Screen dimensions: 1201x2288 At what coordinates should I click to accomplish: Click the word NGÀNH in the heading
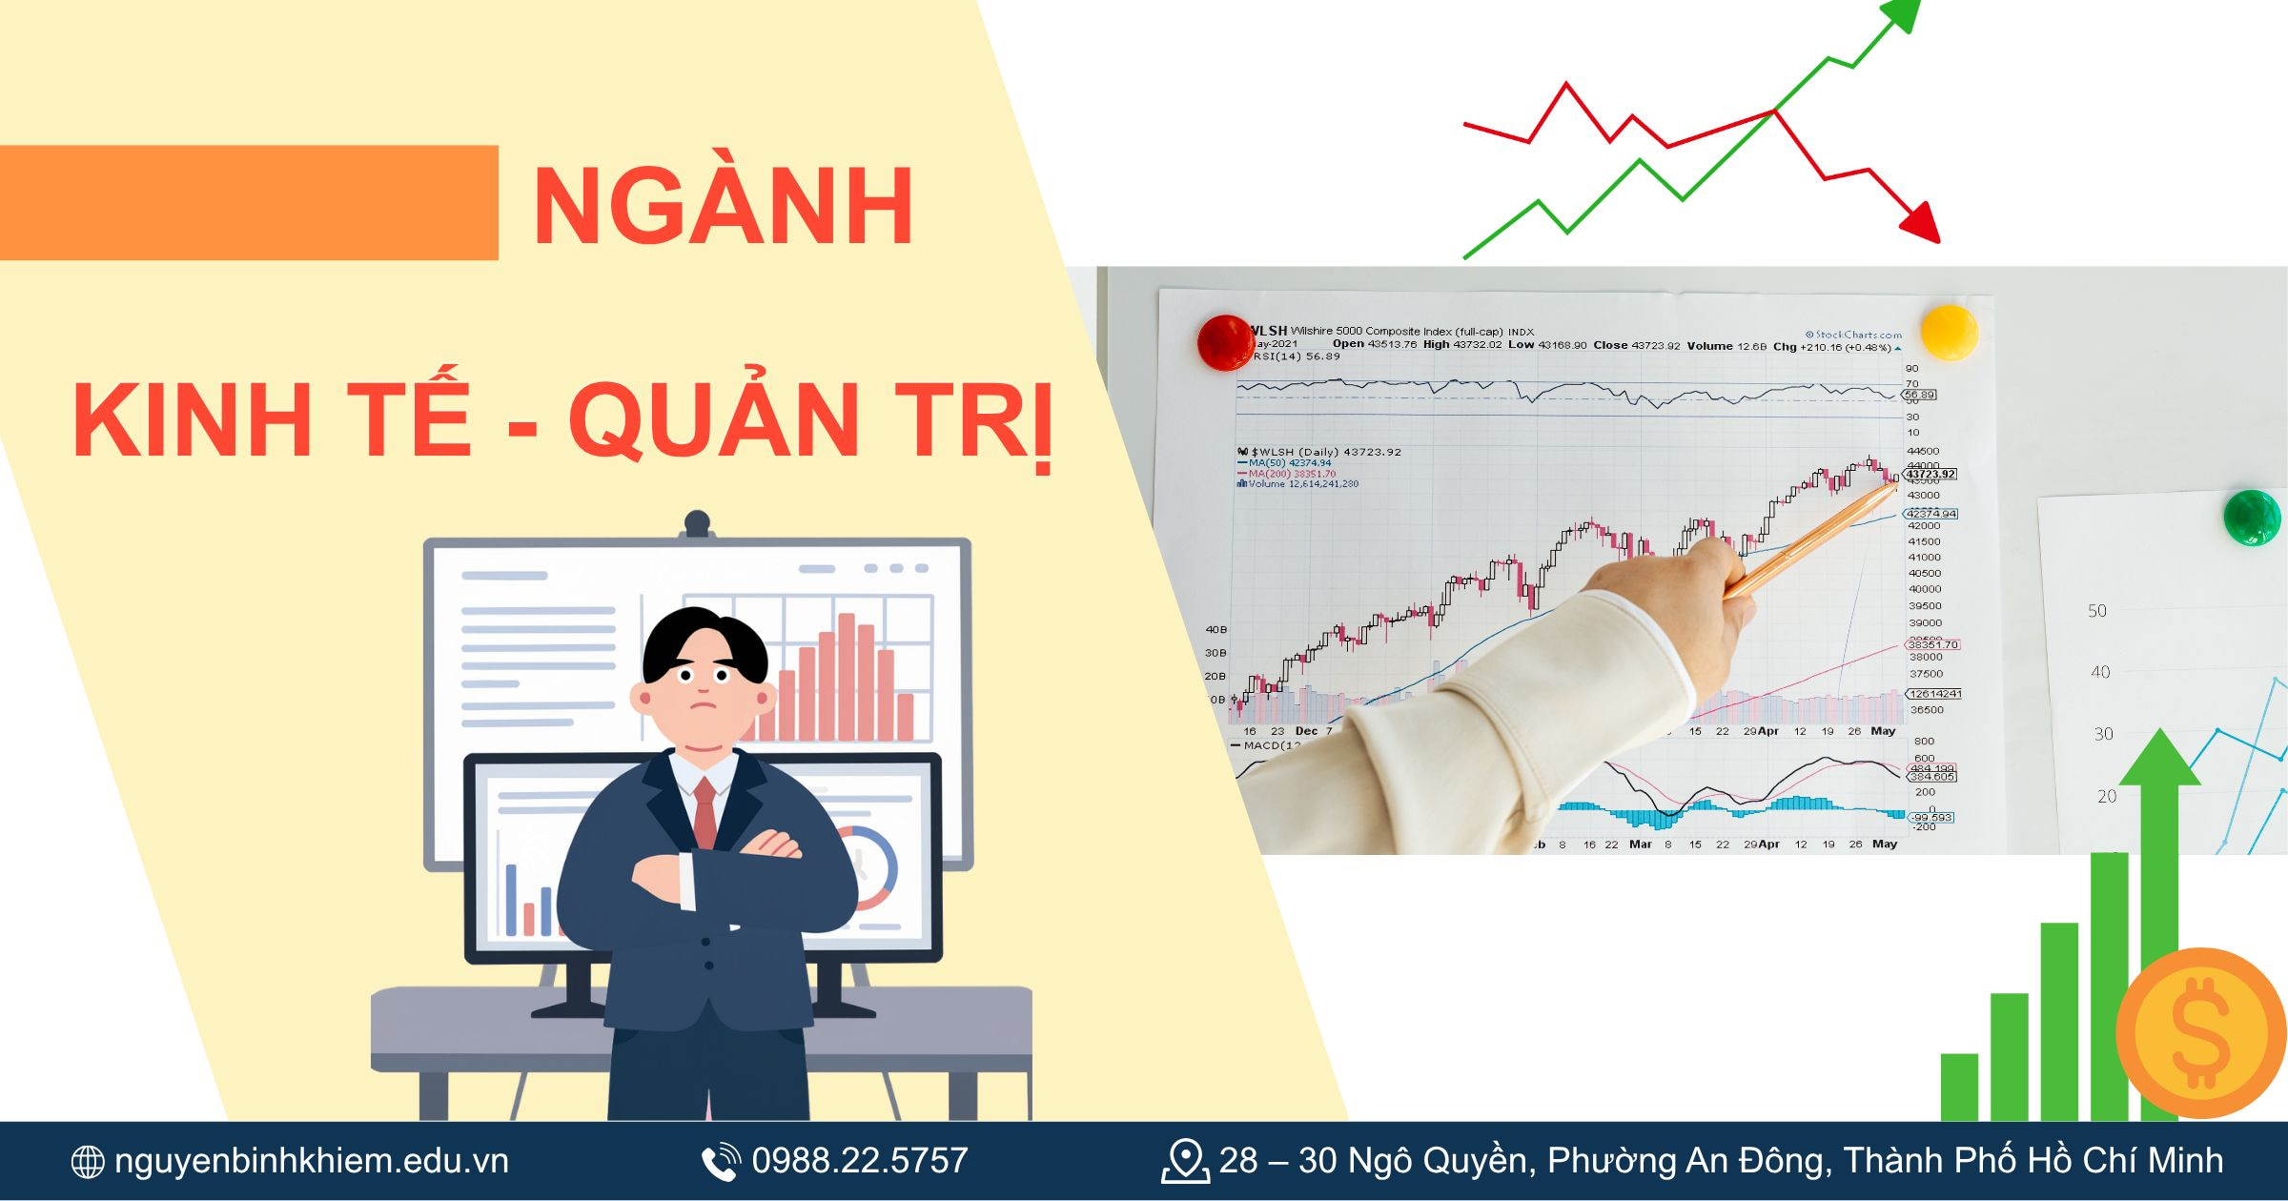pyautogui.click(x=723, y=208)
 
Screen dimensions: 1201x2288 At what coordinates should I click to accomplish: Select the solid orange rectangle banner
pyautogui.click(x=248, y=202)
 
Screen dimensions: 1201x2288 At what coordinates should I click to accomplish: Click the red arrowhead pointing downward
pyautogui.click(x=1921, y=224)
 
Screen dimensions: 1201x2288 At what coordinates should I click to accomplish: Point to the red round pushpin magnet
pyautogui.click(x=1225, y=342)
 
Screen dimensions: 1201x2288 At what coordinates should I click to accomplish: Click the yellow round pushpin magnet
pyautogui.click(x=1949, y=332)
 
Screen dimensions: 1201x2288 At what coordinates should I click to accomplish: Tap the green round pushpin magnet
pyautogui.click(x=2251, y=517)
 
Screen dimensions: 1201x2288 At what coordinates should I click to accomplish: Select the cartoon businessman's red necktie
pyautogui.click(x=705, y=810)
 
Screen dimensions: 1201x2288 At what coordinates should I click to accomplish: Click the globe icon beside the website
pyautogui.click(x=88, y=1162)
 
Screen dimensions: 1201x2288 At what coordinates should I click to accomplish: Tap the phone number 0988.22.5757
pyautogui.click(x=859, y=1161)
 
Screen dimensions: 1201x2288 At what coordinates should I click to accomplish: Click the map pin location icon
pyautogui.click(x=1185, y=1161)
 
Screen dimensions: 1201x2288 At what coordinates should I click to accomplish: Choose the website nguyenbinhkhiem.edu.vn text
pyautogui.click(x=311, y=1161)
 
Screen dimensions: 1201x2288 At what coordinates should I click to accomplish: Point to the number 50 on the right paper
pyautogui.click(x=2097, y=611)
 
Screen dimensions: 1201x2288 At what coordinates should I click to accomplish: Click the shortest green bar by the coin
pyautogui.click(x=1959, y=1087)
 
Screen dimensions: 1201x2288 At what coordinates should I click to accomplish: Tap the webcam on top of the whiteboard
pyautogui.click(x=697, y=524)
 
